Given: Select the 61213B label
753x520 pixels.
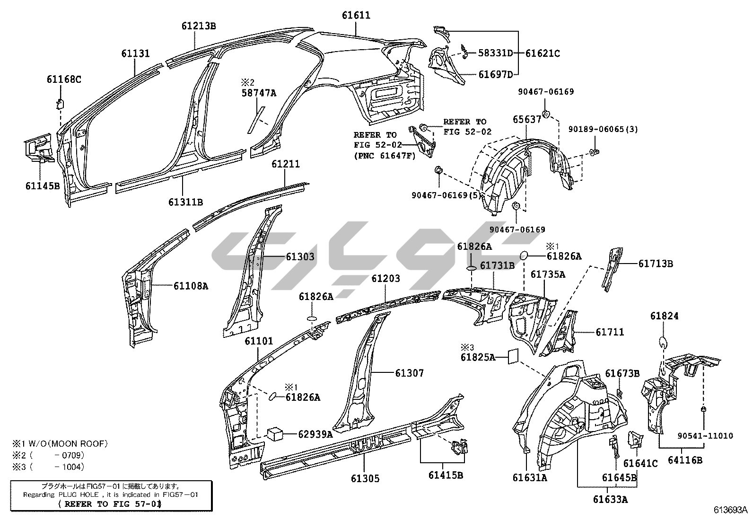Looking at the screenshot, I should point(199,26).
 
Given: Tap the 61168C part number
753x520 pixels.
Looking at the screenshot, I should point(64,79).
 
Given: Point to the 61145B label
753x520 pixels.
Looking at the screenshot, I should point(43,186).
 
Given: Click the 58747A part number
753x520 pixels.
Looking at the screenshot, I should point(259,93).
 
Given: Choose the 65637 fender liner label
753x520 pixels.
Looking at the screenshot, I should point(526,120).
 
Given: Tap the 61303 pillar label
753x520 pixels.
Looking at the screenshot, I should point(300,257).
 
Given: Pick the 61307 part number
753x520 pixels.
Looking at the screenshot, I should point(410,373).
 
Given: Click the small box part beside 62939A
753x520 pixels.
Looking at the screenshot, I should point(275,433).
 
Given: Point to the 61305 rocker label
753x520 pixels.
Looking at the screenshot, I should point(365,479).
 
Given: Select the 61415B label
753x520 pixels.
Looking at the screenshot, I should point(446,475).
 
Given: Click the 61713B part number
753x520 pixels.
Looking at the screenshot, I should point(656,264).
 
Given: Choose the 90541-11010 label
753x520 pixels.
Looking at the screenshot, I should point(704,436).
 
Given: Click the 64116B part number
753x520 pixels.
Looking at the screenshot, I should point(685,459).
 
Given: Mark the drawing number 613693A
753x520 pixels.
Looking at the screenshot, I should point(731,510).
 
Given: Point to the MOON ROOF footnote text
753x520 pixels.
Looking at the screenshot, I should point(61,444).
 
